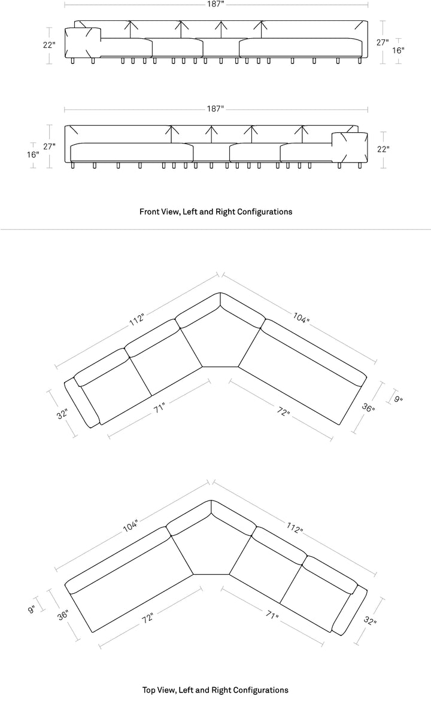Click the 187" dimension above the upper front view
(x=215, y=4)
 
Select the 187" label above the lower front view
(x=215, y=109)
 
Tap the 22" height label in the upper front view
(x=49, y=45)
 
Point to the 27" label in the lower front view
(x=49, y=147)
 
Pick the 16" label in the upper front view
(x=398, y=51)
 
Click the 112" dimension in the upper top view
(x=137, y=319)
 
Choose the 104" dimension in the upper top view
(x=301, y=318)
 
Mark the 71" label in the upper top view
(x=159, y=408)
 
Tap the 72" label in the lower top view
(x=148, y=618)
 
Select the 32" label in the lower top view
(x=370, y=621)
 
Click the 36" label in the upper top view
(x=368, y=408)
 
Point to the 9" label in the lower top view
(x=32, y=609)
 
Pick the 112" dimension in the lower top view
(x=295, y=527)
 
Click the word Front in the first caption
(x=148, y=212)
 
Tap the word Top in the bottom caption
(x=148, y=690)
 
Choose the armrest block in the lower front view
(x=350, y=148)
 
